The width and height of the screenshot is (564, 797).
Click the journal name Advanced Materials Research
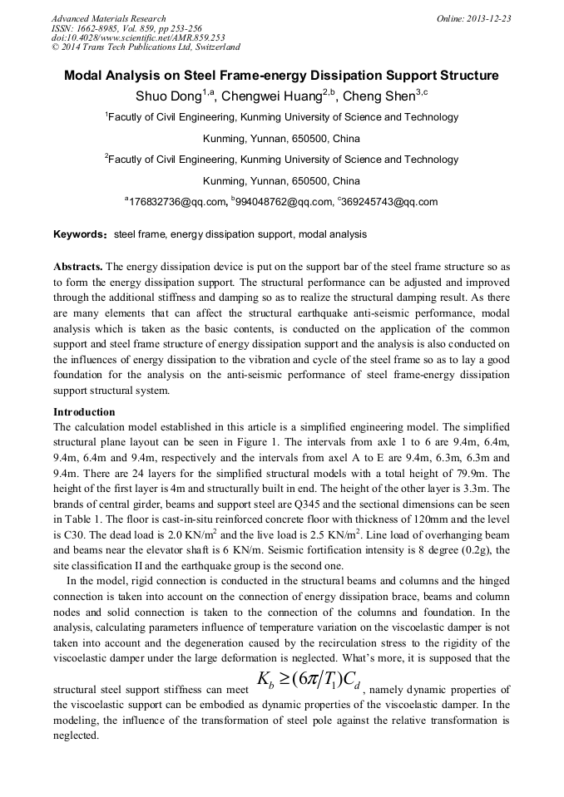tap(108, 18)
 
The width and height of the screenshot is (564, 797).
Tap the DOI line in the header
tap(138, 38)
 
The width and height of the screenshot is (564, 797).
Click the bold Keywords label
tap(79, 235)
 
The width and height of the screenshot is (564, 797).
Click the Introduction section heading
tap(84, 412)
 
